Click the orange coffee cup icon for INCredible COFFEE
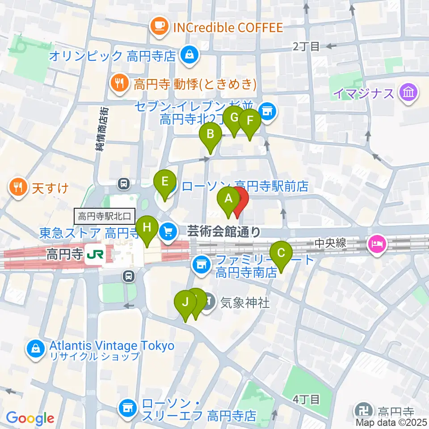(159, 28)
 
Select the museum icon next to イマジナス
(408, 93)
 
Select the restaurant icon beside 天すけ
(18, 187)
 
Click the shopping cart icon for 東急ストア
(168, 231)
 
